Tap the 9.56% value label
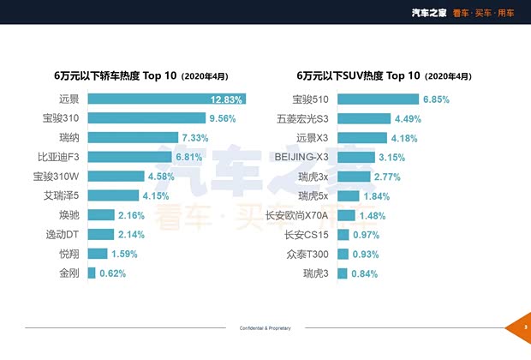[222, 118]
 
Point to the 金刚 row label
[68, 273]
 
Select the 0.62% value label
[112, 273]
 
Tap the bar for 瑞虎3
[342, 273]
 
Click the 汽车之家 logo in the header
[429, 12]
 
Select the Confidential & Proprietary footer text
[265, 328]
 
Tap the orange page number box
[523, 328]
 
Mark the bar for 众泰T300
[343, 255]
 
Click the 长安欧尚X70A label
[297, 215]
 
